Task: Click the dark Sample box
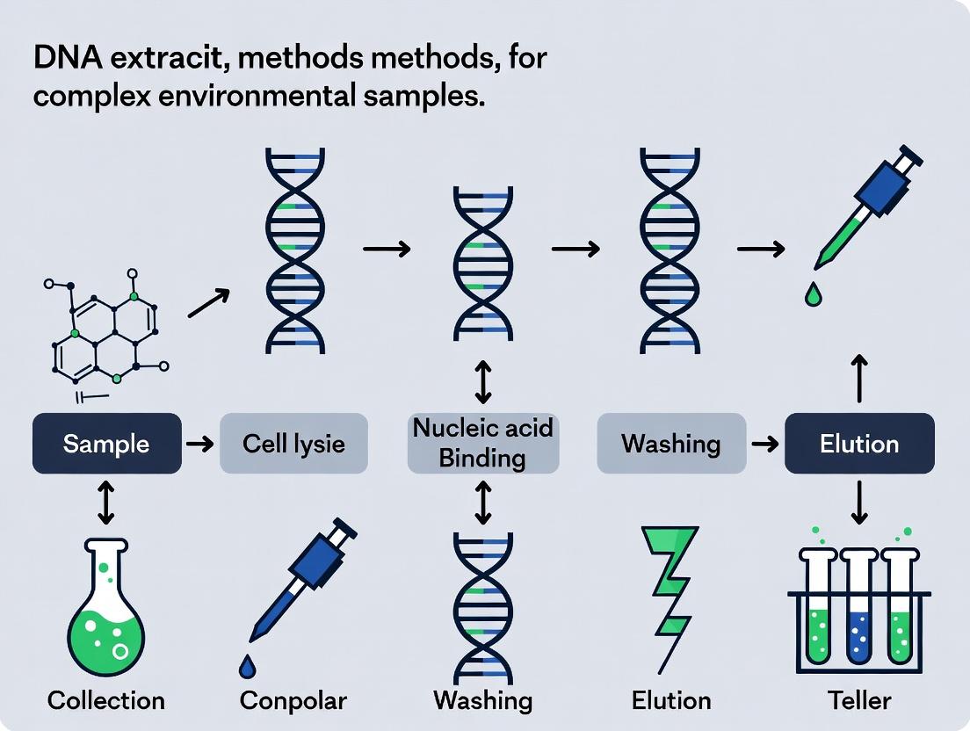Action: pos(106,443)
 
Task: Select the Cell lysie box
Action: pos(293,443)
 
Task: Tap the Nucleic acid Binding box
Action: pos(483,443)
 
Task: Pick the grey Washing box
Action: pos(671,443)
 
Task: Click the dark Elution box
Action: pos(858,443)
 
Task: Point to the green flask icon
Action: pos(106,607)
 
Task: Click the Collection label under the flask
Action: pos(106,700)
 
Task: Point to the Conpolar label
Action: pos(293,700)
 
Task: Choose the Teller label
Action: pos(859,700)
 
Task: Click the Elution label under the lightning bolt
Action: pos(672,700)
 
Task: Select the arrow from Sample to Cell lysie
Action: pos(200,444)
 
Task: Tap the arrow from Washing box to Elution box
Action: pos(765,444)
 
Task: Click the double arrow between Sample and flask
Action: pos(105,502)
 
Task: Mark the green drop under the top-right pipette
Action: pos(813,296)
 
